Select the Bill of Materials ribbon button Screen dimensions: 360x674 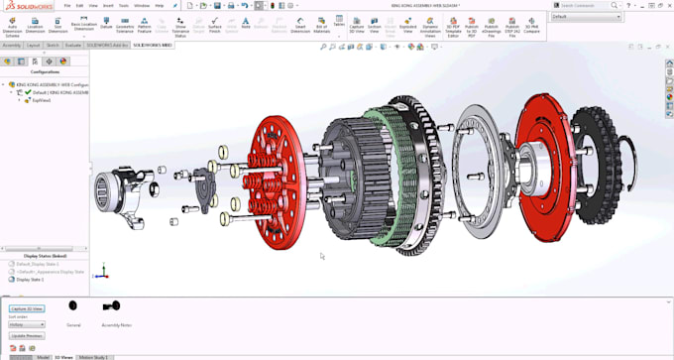tap(321, 27)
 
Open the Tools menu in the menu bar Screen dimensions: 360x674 tap(125, 5)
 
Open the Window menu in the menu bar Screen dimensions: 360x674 tap(143, 5)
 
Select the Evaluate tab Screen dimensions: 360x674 tap(73, 45)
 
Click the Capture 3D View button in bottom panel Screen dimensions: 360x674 tap(27, 308)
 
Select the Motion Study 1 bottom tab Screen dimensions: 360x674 tap(95, 356)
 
